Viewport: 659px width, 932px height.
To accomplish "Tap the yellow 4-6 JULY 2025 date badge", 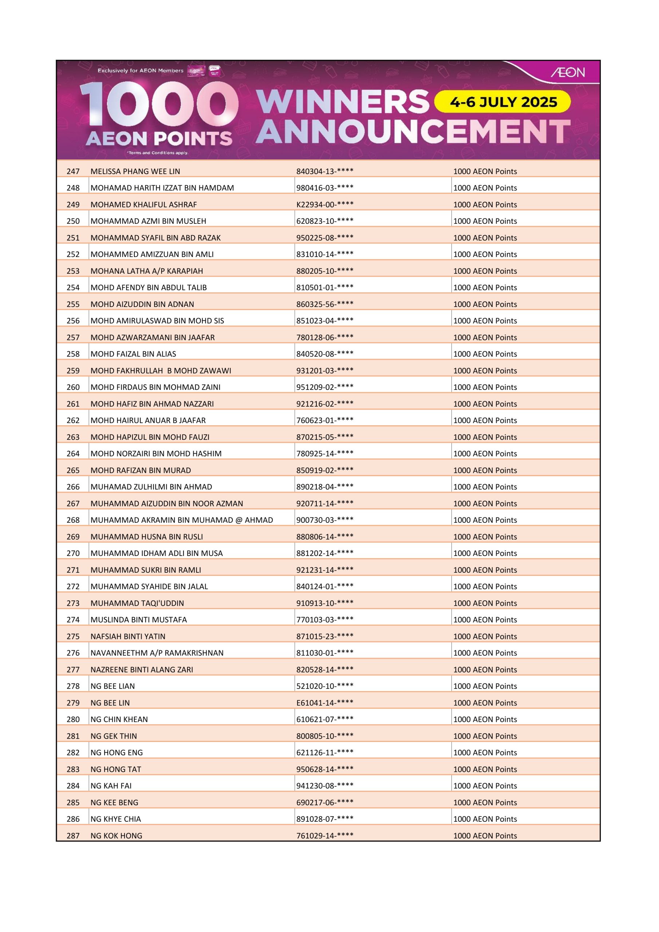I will [x=503, y=102].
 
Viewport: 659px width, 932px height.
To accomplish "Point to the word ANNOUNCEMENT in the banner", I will [x=413, y=131].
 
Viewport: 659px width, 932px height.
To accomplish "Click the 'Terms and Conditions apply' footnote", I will [x=158, y=153].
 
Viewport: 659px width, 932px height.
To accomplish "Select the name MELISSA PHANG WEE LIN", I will [x=135, y=171].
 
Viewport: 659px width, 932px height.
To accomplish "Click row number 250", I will [x=73, y=221].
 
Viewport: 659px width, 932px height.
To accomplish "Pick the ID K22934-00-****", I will [x=324, y=205].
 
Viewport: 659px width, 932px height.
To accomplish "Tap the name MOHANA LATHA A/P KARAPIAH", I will [x=147, y=271].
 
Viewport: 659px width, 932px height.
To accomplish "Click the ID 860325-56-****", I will [x=324, y=304].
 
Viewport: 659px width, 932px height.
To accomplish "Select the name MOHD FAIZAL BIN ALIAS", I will [x=133, y=354].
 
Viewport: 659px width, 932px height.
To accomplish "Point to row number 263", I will [x=73, y=437].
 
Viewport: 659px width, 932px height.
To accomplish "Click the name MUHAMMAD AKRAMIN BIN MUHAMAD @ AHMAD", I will [x=182, y=520].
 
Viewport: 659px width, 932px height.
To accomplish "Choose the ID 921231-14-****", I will [x=324, y=570].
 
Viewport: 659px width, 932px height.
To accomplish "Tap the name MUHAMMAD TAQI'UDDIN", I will [x=137, y=603].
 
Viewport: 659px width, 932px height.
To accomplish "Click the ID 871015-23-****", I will [x=324, y=636].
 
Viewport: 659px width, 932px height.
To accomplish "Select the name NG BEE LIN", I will [x=110, y=703].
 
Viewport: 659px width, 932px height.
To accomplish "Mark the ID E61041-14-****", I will [x=324, y=703].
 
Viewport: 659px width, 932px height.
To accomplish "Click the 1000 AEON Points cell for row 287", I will [x=485, y=836].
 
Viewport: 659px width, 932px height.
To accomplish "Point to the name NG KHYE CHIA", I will [x=116, y=819].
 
